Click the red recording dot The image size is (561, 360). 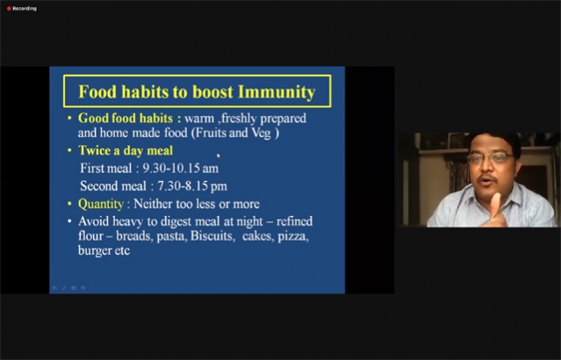coord(9,9)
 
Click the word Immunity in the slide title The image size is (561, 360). coord(277,92)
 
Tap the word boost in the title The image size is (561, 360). coord(212,92)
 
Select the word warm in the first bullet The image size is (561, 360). coord(199,119)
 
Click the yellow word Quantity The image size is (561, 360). coord(101,204)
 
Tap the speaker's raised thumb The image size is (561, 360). coord(495,203)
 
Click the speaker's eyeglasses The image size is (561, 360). coord(491,157)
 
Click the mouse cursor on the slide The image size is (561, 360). coord(219,155)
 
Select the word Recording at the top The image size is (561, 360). coord(25,9)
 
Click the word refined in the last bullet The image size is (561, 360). coord(294,221)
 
